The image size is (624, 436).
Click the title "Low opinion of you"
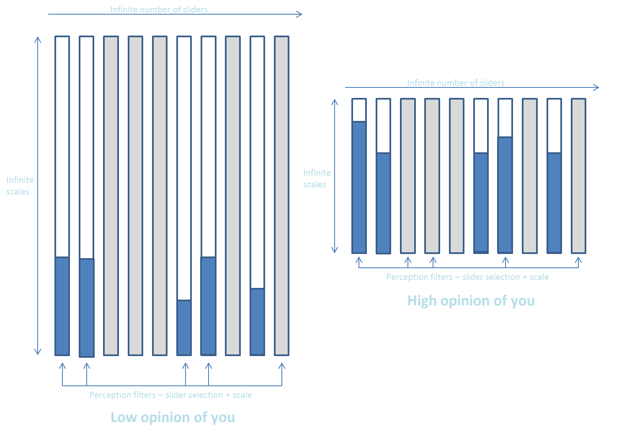[x=173, y=417]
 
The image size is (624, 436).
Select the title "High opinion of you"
[x=471, y=301]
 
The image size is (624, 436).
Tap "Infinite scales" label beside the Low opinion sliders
[x=20, y=186]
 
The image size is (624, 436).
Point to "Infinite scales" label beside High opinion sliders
[x=317, y=179]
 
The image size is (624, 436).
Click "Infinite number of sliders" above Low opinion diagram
[x=159, y=9]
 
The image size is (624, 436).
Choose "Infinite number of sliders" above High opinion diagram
[x=456, y=82]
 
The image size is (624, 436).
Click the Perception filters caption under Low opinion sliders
[x=170, y=395]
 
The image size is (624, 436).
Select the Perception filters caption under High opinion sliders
[x=467, y=277]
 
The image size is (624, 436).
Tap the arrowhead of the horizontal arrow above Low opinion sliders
[x=299, y=14]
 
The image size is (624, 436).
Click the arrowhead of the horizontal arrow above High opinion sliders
[x=596, y=87]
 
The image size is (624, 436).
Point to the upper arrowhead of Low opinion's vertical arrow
[x=38, y=40]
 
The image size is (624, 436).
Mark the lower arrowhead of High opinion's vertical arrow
[x=335, y=250]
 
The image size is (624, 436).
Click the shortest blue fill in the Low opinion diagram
[x=184, y=328]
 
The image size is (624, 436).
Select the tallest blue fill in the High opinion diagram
[x=359, y=187]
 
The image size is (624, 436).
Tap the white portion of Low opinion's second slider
[x=87, y=147]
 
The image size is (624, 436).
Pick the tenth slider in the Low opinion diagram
[x=282, y=195]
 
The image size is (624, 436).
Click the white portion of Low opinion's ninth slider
[x=258, y=162]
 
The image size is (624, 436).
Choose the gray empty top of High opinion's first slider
[x=359, y=110]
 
